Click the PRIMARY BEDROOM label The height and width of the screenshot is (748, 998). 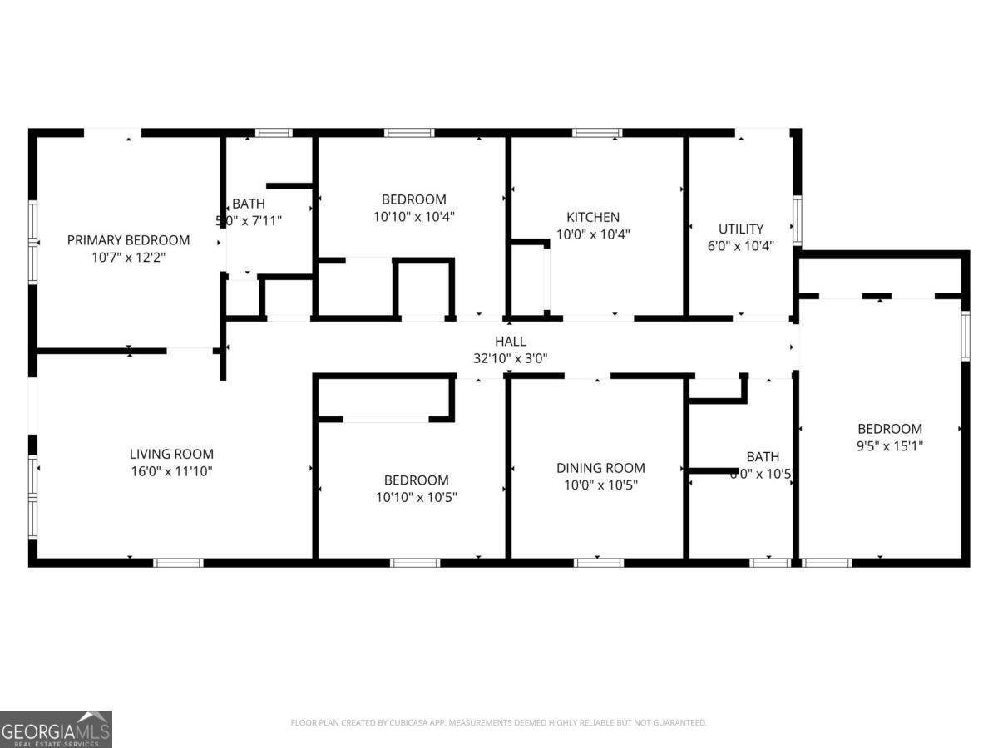(x=128, y=240)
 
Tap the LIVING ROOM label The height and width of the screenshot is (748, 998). (x=171, y=454)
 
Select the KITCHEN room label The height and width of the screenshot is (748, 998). (x=593, y=217)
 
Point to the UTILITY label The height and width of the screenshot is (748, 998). (x=740, y=229)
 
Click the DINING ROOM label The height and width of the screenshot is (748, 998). (x=600, y=468)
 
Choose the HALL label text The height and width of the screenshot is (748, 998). (x=510, y=341)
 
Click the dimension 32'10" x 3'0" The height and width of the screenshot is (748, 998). (x=510, y=358)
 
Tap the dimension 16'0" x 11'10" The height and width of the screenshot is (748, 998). (x=171, y=471)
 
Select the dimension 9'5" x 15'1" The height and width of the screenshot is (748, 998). (x=890, y=445)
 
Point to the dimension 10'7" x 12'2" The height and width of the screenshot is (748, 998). (x=128, y=258)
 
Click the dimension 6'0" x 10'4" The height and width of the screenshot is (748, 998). (x=740, y=246)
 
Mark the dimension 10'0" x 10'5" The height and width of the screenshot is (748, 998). (x=600, y=485)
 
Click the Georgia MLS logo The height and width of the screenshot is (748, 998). (x=56, y=729)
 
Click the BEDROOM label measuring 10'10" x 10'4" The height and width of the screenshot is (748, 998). (x=413, y=199)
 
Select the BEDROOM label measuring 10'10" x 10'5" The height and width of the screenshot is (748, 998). (x=416, y=480)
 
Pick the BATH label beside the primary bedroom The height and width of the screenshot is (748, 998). (x=248, y=204)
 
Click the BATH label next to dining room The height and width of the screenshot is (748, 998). (x=763, y=456)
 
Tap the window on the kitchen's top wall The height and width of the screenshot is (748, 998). (x=597, y=133)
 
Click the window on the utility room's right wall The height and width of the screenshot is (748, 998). (x=797, y=220)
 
